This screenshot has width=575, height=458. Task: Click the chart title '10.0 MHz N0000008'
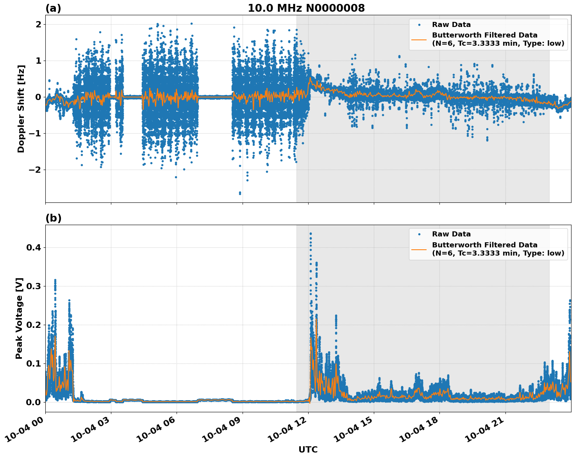coord(306,8)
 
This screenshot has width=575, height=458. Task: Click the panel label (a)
coord(53,8)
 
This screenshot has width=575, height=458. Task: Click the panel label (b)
coord(53,218)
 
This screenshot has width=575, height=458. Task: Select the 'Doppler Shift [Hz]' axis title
coord(21,109)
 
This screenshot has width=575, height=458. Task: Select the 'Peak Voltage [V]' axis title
coord(19,318)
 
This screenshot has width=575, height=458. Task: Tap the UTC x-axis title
coord(308,449)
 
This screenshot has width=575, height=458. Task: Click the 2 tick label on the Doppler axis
coord(39,24)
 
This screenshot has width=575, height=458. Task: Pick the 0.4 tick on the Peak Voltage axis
coord(33,247)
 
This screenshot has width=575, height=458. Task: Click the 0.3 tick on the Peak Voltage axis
coord(33,286)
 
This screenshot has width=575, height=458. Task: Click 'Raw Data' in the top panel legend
coord(451,25)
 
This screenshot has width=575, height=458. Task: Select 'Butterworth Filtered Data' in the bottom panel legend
coord(484,245)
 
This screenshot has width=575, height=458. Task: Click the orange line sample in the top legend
coord(419,39)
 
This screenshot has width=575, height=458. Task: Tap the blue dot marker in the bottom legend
coord(419,234)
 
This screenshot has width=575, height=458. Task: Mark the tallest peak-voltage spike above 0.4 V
coord(311,234)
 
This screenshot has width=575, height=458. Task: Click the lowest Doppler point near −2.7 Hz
coord(240,193)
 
